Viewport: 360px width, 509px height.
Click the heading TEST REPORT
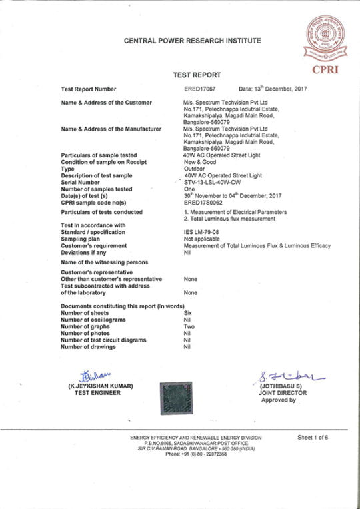[197, 75]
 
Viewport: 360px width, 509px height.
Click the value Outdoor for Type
[193, 168]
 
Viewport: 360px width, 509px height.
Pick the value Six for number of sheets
[187, 313]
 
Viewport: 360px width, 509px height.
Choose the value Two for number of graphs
[189, 326]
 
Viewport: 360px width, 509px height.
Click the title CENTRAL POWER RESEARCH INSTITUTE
[192, 41]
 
